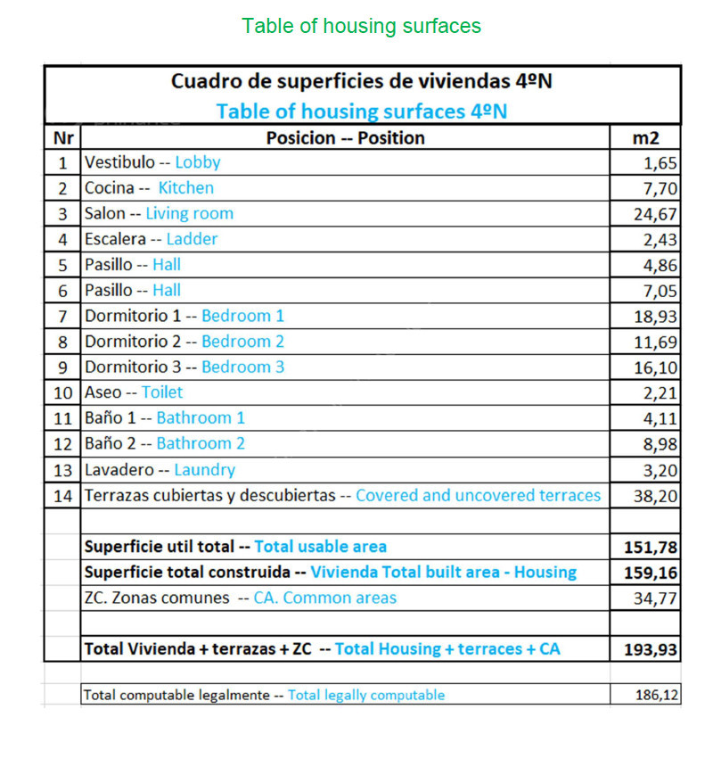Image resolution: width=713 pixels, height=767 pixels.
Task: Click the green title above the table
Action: (361, 26)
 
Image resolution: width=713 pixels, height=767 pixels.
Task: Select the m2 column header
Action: (644, 137)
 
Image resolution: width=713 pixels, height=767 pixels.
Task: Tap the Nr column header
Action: (62, 137)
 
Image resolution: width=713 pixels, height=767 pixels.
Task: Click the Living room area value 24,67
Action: (655, 214)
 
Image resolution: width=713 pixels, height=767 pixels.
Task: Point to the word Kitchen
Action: (186, 188)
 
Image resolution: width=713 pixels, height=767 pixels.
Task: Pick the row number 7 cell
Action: (62, 316)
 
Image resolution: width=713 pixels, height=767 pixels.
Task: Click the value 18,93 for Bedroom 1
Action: (655, 317)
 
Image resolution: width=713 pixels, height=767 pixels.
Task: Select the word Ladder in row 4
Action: (192, 239)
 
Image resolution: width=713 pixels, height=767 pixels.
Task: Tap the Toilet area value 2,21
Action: (660, 393)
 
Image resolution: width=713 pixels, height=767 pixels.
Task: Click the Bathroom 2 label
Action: (201, 443)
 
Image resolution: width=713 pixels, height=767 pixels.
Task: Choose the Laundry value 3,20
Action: (660, 470)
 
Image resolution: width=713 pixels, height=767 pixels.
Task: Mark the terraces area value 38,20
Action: (655, 496)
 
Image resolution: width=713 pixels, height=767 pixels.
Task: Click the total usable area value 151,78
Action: (651, 547)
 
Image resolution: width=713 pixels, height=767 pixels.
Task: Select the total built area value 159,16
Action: (651, 573)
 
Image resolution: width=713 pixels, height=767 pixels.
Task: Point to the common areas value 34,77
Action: (655, 598)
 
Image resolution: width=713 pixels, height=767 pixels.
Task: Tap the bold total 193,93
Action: (651, 649)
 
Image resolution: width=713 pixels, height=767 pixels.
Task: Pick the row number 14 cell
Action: (62, 495)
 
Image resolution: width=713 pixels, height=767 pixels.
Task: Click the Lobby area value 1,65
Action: (660, 163)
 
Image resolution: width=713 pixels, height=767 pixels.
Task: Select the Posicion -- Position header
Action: (345, 137)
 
